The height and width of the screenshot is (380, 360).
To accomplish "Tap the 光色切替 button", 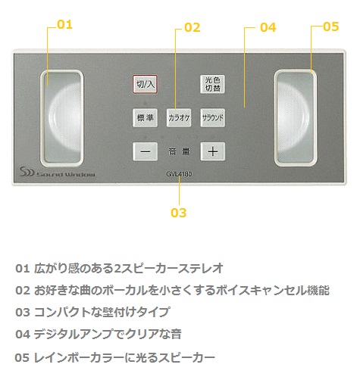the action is (x=212, y=84).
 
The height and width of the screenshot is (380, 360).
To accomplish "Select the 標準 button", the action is (x=146, y=117).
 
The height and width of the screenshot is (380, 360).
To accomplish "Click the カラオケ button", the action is (x=179, y=117).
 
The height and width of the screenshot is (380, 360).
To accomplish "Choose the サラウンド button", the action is (x=212, y=117).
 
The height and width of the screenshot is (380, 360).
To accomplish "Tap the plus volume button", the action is (x=213, y=151).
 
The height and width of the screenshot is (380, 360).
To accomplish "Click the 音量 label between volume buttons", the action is (x=179, y=151).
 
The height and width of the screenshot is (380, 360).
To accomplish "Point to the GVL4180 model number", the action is (x=179, y=174).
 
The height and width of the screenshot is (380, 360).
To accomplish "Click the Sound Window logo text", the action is (x=66, y=174).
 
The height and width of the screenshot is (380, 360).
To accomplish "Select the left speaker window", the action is (x=62, y=118).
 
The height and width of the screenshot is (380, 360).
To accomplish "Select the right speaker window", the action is (x=296, y=118).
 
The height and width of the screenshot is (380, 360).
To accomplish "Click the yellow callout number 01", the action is (x=65, y=25).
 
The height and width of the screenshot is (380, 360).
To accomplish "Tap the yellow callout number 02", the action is (x=193, y=27).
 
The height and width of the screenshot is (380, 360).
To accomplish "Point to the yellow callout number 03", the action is (x=178, y=213).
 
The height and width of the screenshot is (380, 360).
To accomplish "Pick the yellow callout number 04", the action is (x=268, y=27).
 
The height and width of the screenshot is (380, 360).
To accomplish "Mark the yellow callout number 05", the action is (x=331, y=26).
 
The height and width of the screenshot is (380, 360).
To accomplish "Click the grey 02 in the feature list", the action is (x=23, y=291).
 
